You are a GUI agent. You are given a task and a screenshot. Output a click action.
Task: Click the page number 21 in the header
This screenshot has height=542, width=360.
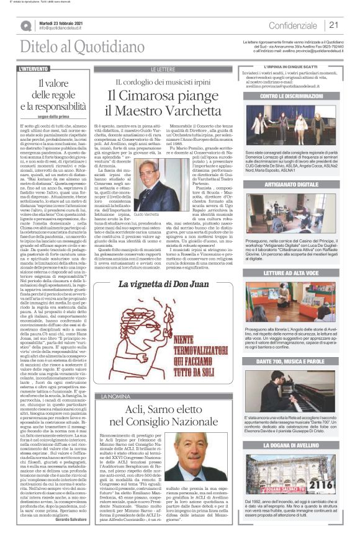pyautogui.click(x=333, y=25)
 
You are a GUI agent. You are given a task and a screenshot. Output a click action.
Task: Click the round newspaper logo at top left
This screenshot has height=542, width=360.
pyautogui.click(x=26, y=25)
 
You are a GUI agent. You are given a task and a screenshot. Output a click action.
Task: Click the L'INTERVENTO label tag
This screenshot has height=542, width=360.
pyautogui.click(x=35, y=69)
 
